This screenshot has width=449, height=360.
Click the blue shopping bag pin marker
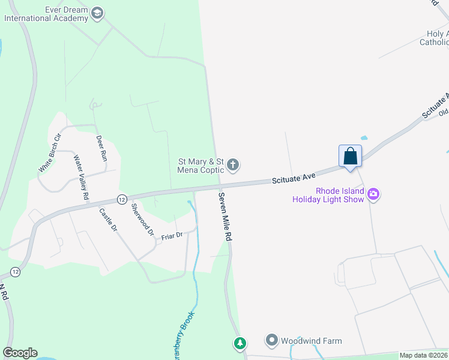[351, 157]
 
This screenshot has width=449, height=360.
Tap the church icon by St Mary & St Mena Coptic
[234, 164]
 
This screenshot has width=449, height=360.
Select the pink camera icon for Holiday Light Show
[373, 193]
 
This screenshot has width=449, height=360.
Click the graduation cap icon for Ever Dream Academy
[97, 13]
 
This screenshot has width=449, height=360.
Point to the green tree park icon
[240, 343]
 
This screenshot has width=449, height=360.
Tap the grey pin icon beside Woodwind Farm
[272, 341]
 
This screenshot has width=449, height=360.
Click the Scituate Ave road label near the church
[294, 178]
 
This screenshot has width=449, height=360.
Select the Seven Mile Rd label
[224, 217]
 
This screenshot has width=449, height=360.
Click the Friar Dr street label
[172, 236]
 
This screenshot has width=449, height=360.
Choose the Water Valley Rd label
[81, 178]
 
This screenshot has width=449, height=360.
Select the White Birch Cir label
[50, 154]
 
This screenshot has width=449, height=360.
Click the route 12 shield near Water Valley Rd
[122, 199]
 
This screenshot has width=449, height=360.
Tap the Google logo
[20, 353]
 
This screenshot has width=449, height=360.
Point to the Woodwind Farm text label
[312, 341]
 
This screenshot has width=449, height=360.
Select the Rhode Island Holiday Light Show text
[328, 194]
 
